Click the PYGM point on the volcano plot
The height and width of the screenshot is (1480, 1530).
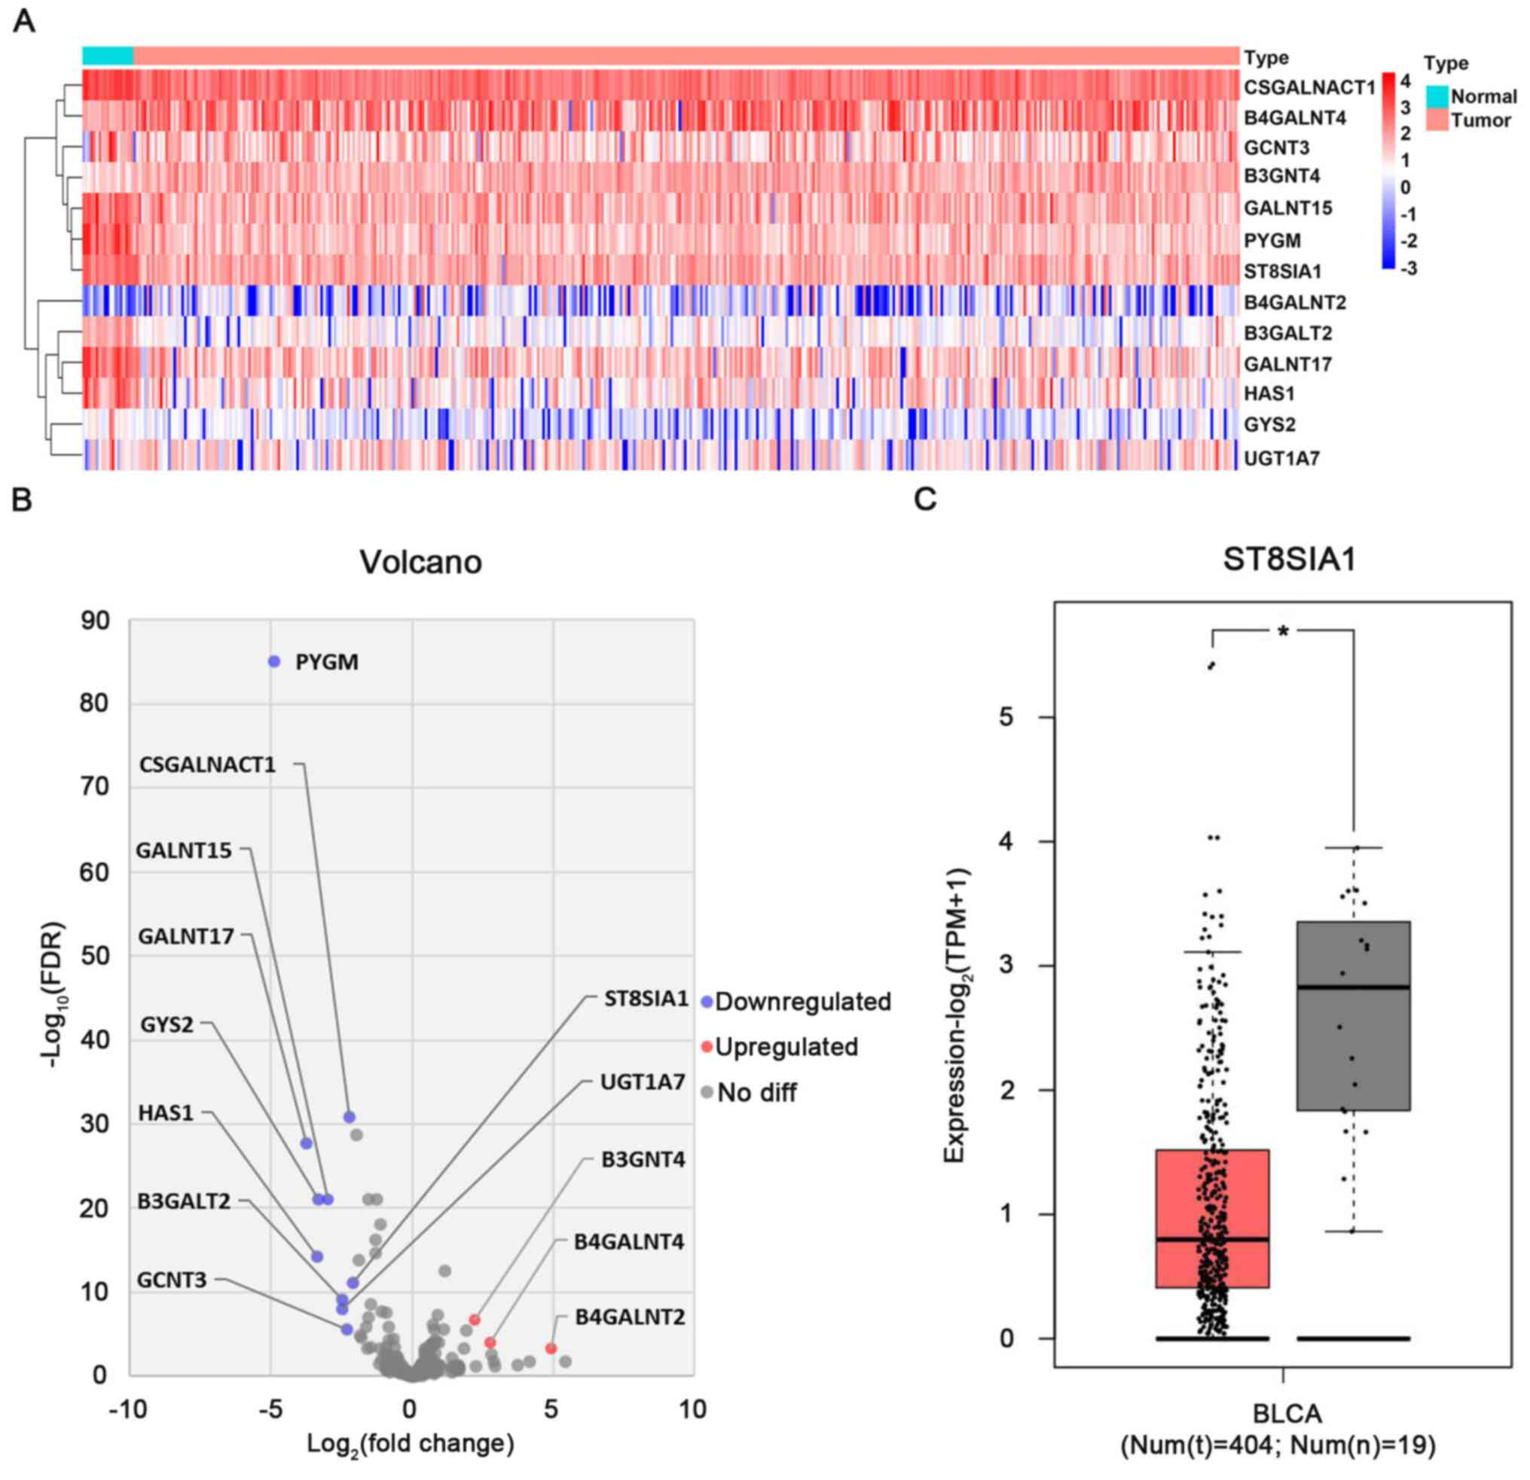(274, 661)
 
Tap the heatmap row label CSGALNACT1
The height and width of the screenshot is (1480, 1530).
(1309, 87)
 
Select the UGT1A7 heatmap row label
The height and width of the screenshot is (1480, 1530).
(1281, 458)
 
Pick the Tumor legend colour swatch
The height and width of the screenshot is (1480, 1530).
(1437, 121)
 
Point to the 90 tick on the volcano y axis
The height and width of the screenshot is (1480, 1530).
(94, 621)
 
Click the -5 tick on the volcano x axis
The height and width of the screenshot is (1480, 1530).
(270, 1409)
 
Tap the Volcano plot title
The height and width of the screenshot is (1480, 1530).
(421, 562)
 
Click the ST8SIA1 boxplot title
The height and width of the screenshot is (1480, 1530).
(1289, 560)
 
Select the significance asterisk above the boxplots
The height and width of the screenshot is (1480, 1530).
(1283, 630)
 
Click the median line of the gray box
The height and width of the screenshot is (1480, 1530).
(1353, 987)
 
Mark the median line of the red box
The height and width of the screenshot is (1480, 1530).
(1211, 1239)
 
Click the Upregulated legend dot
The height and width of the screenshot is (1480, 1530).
(707, 1047)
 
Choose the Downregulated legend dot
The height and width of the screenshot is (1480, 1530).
(707, 1002)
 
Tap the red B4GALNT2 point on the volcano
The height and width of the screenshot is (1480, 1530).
(551, 1349)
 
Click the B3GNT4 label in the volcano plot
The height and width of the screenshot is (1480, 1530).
(643, 1160)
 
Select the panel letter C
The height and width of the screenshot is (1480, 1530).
(925, 499)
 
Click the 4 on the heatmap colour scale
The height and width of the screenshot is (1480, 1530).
(1405, 81)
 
